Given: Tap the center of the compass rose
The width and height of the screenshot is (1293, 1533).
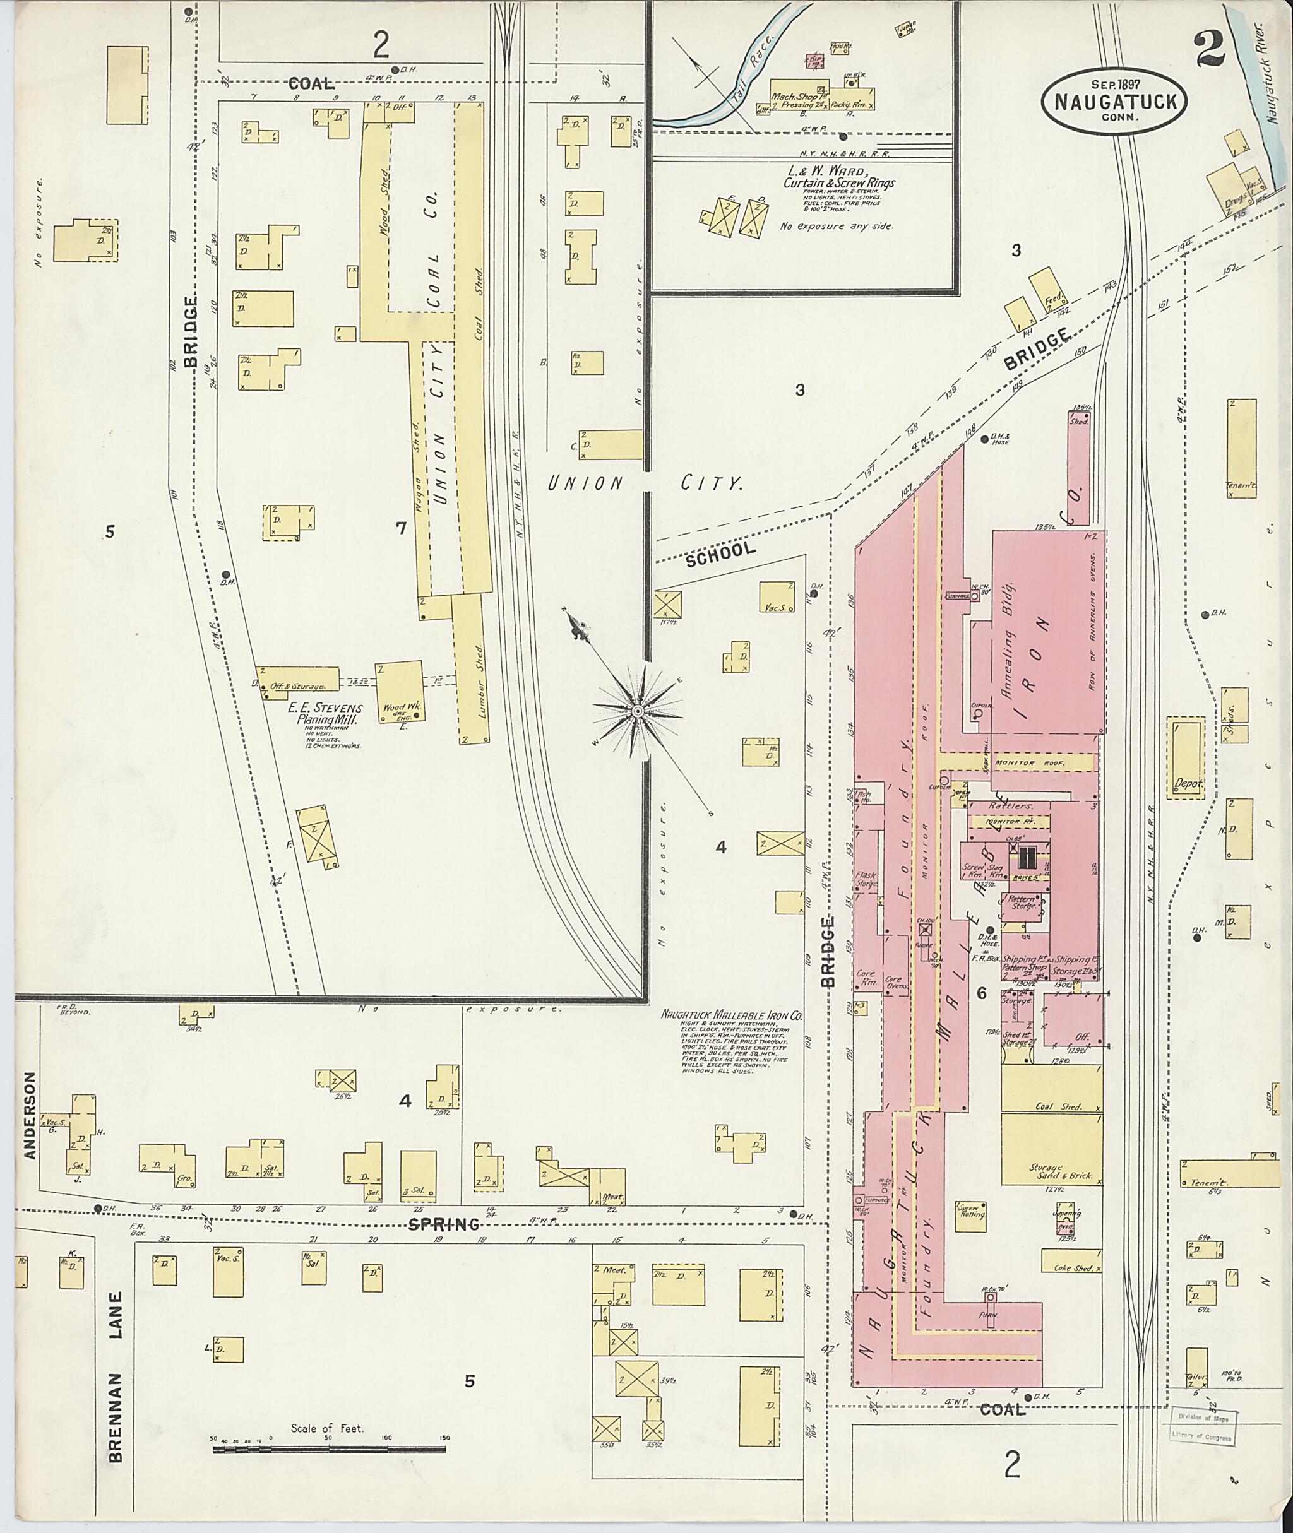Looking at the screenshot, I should (x=638, y=711).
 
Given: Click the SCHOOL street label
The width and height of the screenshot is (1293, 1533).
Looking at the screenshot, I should (x=721, y=553).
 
